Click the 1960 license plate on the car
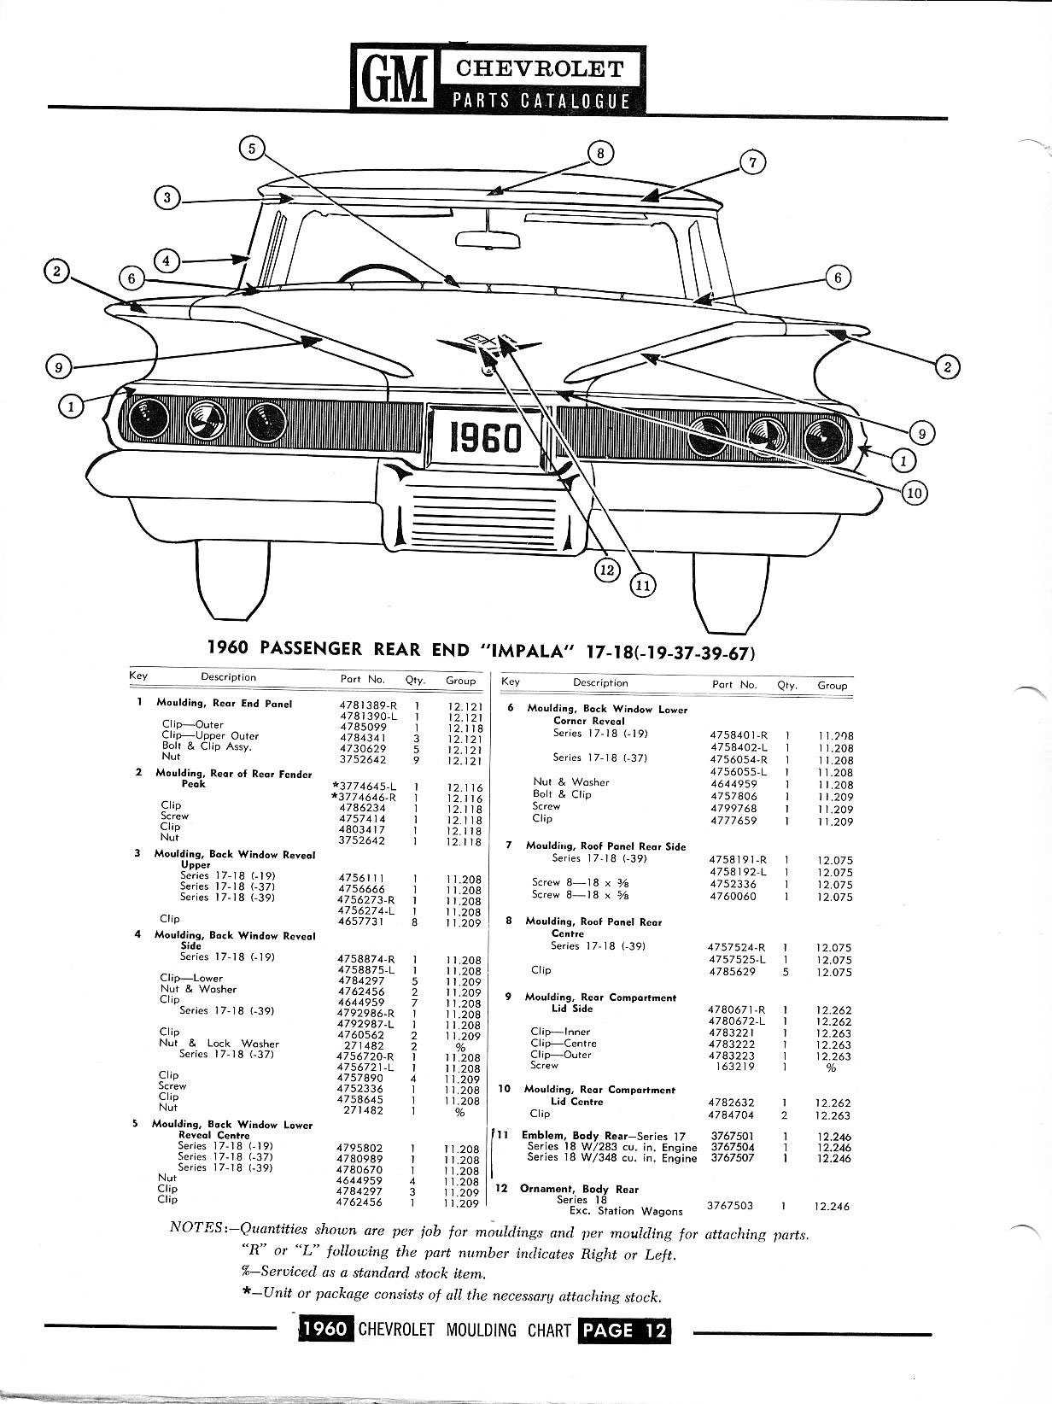(487, 437)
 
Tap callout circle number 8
(601, 153)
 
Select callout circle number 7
(752, 161)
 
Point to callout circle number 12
(607, 570)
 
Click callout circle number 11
(642, 585)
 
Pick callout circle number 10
(912, 492)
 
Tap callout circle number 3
(167, 197)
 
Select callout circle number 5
(252, 148)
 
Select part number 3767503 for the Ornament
(732, 1206)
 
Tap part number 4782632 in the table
(732, 1103)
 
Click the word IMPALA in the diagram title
(530, 649)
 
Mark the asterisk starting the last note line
(247, 1294)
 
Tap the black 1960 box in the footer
(324, 1331)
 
